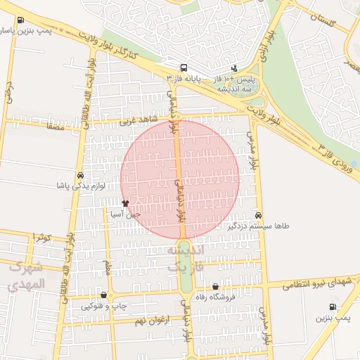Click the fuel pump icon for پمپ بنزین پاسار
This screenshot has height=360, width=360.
[20, 20]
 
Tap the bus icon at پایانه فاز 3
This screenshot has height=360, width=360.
[184, 68]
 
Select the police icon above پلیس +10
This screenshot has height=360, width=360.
[234, 68]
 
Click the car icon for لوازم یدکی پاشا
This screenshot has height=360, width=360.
[80, 175]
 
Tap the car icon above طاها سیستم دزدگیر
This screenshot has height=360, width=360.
[259, 215]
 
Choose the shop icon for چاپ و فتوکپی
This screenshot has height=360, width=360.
[105, 295]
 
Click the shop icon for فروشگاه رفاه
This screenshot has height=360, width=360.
[215, 286]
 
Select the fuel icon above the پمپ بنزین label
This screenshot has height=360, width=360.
[333, 307]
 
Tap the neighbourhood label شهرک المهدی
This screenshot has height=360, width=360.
[27, 276]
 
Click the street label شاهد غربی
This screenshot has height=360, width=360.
[135, 121]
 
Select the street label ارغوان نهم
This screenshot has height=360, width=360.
[150, 321]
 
